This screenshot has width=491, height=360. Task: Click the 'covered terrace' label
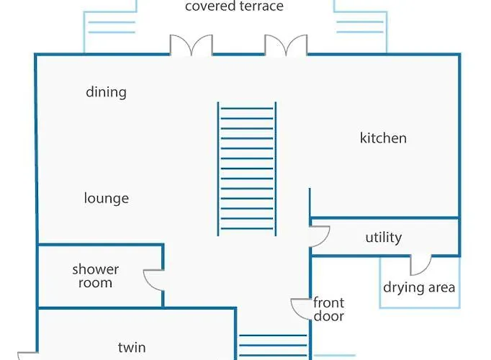point(234,7)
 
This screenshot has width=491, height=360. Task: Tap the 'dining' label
point(106,92)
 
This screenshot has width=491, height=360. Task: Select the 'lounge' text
point(106,198)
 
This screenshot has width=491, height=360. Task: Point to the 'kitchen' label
point(383,138)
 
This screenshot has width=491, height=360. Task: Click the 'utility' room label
point(383,238)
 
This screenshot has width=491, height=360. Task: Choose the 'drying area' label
point(419,287)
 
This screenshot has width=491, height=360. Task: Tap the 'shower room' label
point(95,276)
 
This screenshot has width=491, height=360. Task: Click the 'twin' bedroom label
point(131,347)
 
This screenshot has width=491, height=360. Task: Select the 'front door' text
point(328,309)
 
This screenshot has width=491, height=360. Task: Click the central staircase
point(246,169)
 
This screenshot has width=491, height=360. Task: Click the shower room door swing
point(155,279)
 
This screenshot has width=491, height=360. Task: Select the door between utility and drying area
point(420,265)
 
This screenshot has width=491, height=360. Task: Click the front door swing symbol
point(301,309)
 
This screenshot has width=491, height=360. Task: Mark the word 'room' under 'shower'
point(95,283)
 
